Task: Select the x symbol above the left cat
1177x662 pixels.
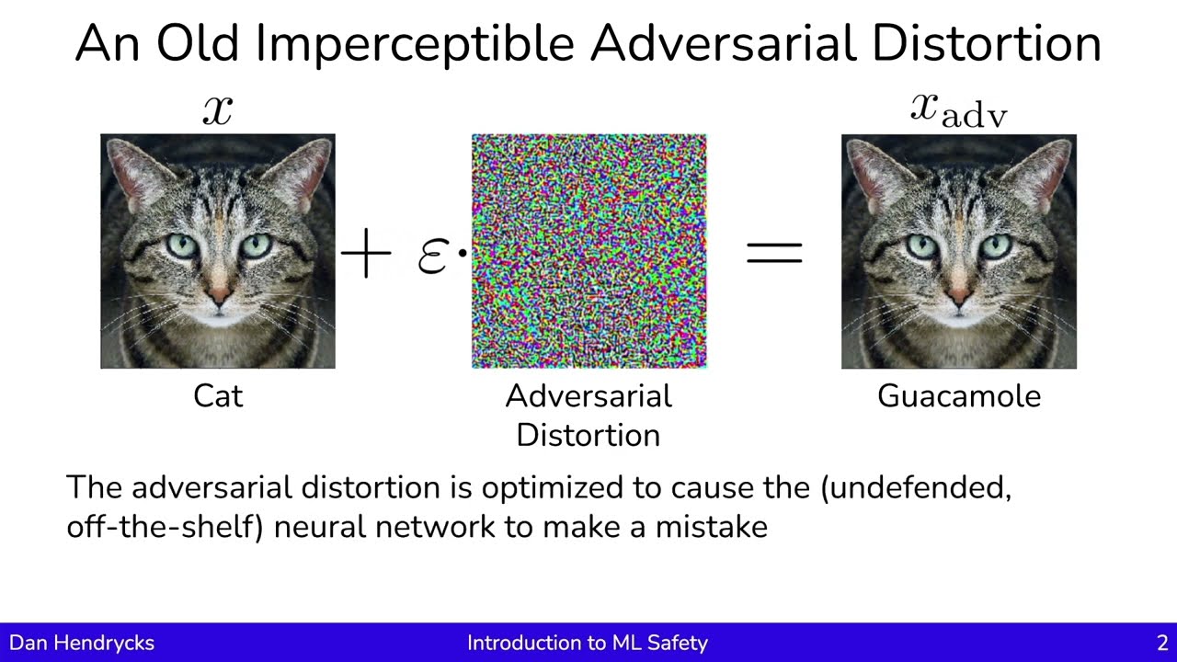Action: coord(218,109)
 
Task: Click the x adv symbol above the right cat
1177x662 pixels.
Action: coord(959,109)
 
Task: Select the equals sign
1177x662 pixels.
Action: coord(774,252)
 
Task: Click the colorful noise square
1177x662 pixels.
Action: coord(588,251)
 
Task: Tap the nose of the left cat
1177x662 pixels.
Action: coord(219,295)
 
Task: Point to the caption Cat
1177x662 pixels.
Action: coord(218,396)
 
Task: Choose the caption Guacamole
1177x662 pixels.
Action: coord(959,396)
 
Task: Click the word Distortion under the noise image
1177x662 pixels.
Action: coord(588,435)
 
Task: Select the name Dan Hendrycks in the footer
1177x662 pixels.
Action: coord(82,643)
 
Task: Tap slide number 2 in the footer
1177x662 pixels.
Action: coord(1162,643)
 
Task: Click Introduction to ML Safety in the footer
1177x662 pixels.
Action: coord(588,643)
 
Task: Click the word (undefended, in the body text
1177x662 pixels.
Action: coord(916,488)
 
